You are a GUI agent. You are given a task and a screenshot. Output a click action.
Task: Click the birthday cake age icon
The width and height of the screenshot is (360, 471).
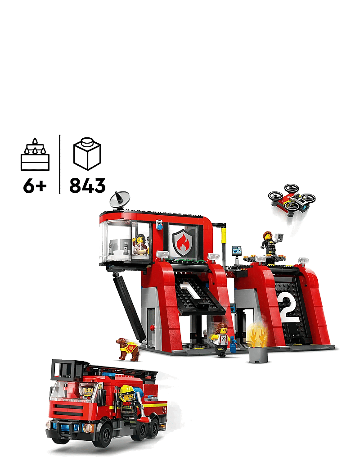point(35,155)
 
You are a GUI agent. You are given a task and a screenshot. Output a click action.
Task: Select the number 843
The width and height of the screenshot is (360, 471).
point(87,185)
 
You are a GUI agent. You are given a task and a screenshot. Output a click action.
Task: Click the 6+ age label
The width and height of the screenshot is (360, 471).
point(35,185)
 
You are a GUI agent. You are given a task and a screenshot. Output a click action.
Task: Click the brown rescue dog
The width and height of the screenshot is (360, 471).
point(127,348)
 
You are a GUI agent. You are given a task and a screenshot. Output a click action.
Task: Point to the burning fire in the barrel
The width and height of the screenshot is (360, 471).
point(257,335)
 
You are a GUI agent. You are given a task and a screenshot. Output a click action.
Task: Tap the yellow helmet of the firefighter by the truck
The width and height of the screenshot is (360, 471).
point(126,390)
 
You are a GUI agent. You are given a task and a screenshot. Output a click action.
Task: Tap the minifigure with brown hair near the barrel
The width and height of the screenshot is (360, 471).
point(221,339)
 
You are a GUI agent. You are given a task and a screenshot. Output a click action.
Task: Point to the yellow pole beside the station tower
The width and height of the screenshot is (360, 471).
point(223,243)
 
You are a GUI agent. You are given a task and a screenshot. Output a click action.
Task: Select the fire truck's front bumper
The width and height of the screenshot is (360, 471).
point(67,426)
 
